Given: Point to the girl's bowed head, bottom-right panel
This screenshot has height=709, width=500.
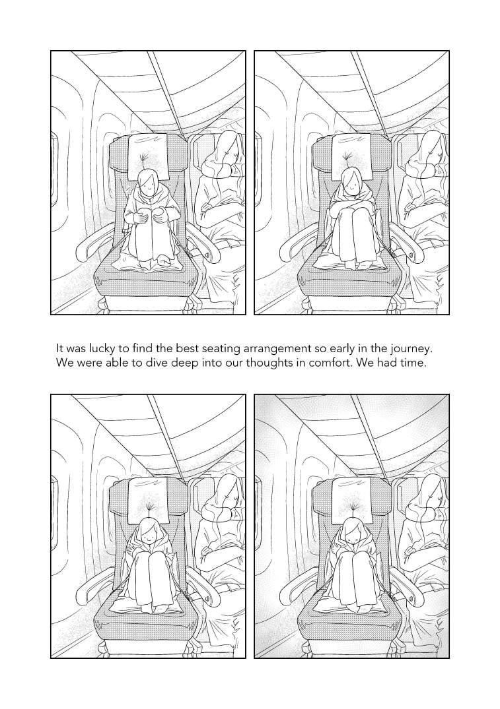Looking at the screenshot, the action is pyautogui.click(x=351, y=532).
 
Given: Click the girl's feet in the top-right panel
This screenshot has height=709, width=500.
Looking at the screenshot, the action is pyautogui.click(x=355, y=264).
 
